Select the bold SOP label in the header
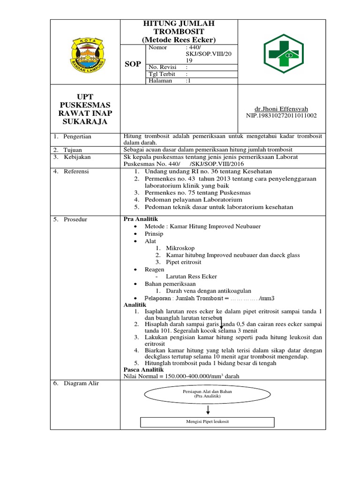point(133,64)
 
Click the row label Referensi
point(77,172)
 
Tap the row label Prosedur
point(76,219)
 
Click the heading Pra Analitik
point(141,219)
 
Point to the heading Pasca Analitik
point(143,369)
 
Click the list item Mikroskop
point(180,248)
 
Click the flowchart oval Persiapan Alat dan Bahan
point(207,393)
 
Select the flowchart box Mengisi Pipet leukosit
point(207,421)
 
